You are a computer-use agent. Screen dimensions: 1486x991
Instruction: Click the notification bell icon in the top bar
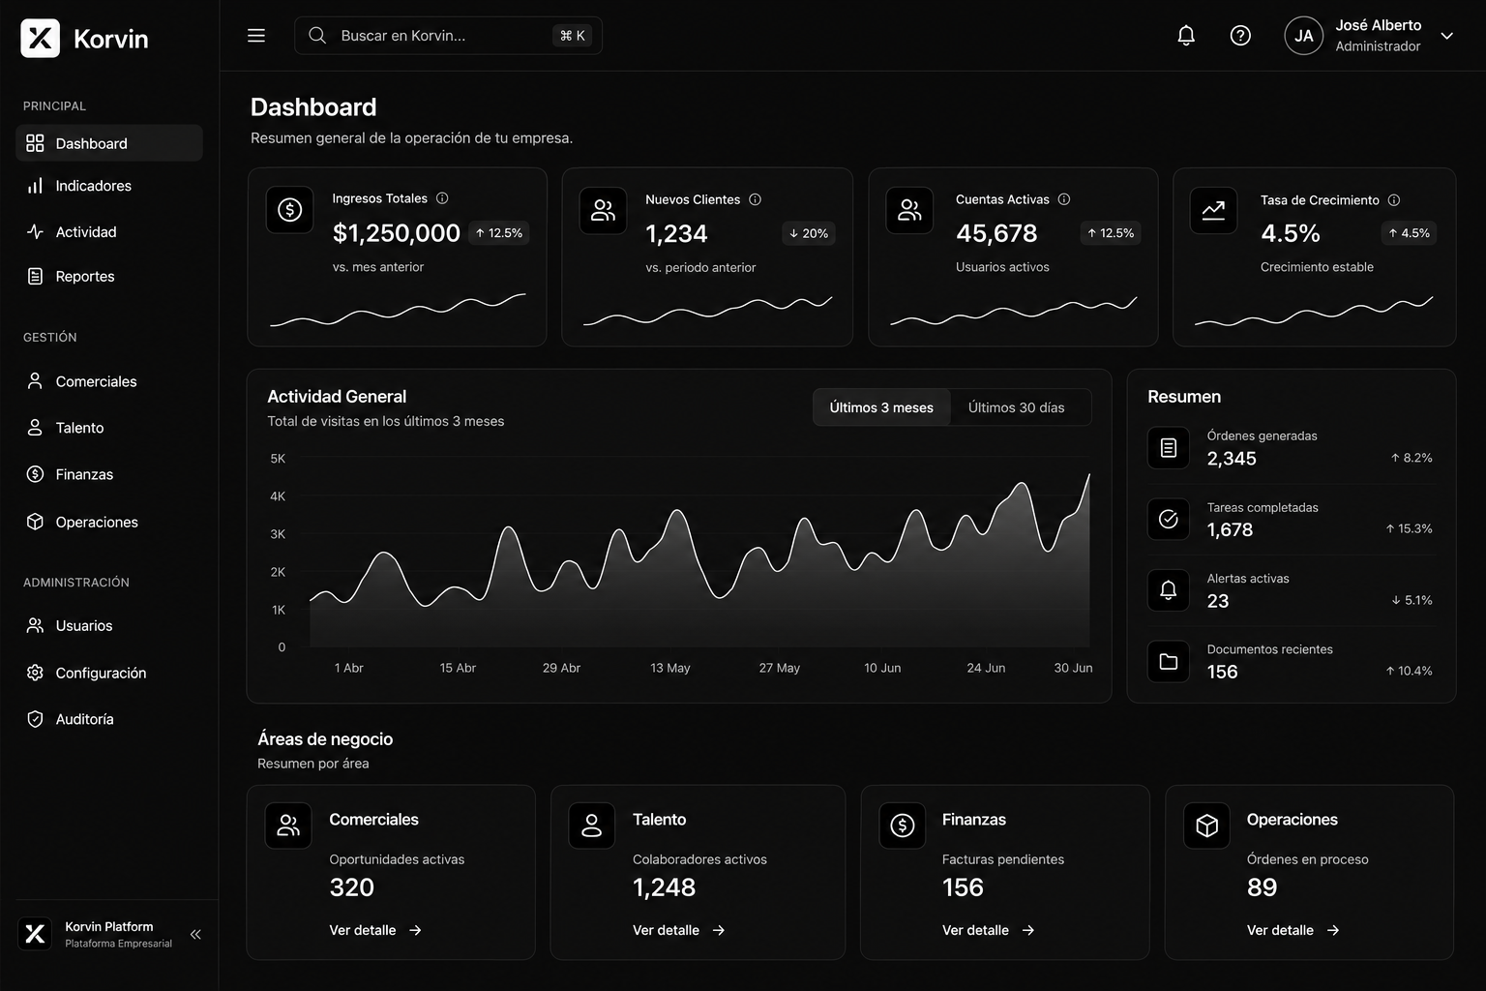tap(1185, 35)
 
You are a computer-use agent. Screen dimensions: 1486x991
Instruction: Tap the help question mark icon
tap(1240, 35)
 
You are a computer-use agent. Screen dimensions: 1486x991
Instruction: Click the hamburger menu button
tap(256, 35)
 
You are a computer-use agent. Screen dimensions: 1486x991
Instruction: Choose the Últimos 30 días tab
tap(1016, 407)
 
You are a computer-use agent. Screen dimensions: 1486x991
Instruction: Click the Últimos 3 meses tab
tap(881, 407)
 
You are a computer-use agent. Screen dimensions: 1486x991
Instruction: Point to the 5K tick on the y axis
tap(278, 459)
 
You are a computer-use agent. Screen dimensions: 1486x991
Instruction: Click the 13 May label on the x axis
tap(670, 668)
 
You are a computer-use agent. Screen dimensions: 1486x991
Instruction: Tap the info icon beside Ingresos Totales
tap(442, 198)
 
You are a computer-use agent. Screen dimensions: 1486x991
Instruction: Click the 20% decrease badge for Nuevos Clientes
tap(808, 233)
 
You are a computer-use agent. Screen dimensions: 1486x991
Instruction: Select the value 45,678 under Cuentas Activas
tap(996, 233)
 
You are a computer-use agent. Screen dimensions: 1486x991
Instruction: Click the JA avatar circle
tap(1303, 35)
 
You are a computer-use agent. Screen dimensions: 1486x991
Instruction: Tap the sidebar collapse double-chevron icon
tap(195, 935)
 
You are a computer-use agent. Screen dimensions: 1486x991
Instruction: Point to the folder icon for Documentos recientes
tap(1169, 662)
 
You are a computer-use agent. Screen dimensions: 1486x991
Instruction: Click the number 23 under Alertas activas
tap(1217, 601)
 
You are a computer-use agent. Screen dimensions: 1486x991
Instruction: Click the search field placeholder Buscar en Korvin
tap(402, 36)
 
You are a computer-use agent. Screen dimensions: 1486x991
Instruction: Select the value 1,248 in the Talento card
tap(664, 887)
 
